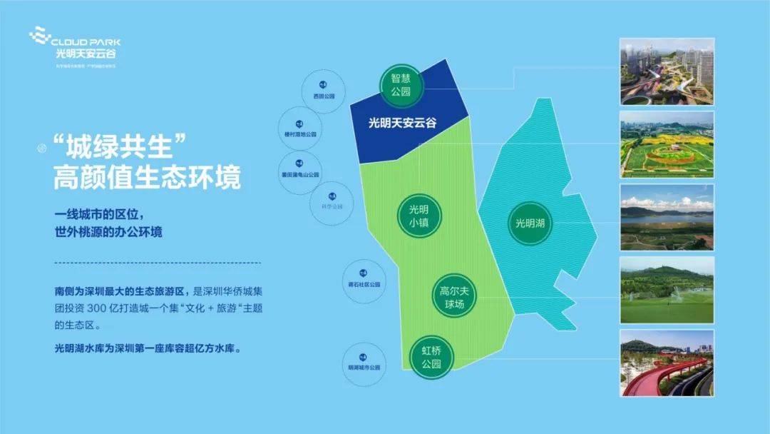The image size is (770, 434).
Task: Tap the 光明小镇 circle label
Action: pyautogui.click(x=419, y=216)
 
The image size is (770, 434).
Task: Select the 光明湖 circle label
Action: pyautogui.click(x=530, y=223)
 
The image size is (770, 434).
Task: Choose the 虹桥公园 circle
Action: pyautogui.click(x=431, y=356)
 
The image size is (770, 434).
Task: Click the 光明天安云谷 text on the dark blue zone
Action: pyautogui.click(x=402, y=123)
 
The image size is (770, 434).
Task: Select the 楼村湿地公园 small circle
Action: pyautogui.click(x=299, y=128)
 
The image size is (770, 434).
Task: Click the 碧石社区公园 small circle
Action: pyautogui.click(x=364, y=279)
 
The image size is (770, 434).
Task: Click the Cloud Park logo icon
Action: pyautogui.click(x=41, y=37)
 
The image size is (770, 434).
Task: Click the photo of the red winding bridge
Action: pyautogui.click(x=667, y=363)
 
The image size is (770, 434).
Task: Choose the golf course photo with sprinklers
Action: pyautogui.click(x=667, y=289)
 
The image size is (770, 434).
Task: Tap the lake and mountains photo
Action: pyautogui.click(x=667, y=216)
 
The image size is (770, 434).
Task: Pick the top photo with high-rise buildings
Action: pyautogui.click(x=667, y=71)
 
